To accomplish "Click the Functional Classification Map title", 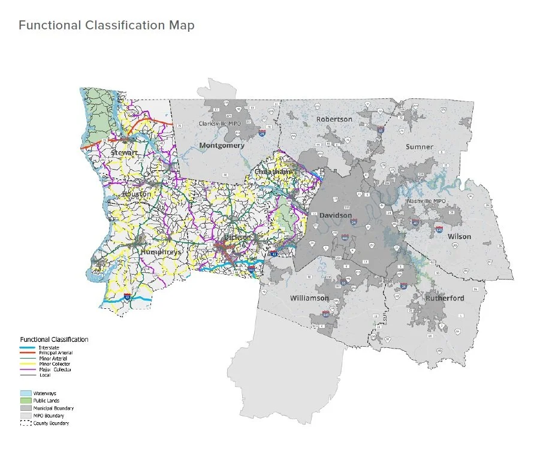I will [x=106, y=26].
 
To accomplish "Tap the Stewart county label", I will [x=124, y=154].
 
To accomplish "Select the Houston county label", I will [x=137, y=195].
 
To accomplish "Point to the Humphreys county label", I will [x=160, y=252].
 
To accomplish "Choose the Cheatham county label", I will [x=273, y=172].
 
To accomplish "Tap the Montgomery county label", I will [x=222, y=146].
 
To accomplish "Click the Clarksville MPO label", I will [x=222, y=124].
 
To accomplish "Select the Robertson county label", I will [x=334, y=119].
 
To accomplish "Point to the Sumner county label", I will [x=419, y=146].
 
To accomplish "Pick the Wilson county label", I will [x=459, y=236].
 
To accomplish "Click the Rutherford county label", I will [x=446, y=297].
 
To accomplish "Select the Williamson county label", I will [x=309, y=298].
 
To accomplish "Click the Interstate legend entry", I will [x=48, y=348].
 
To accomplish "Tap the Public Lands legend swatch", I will [x=26, y=400].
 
